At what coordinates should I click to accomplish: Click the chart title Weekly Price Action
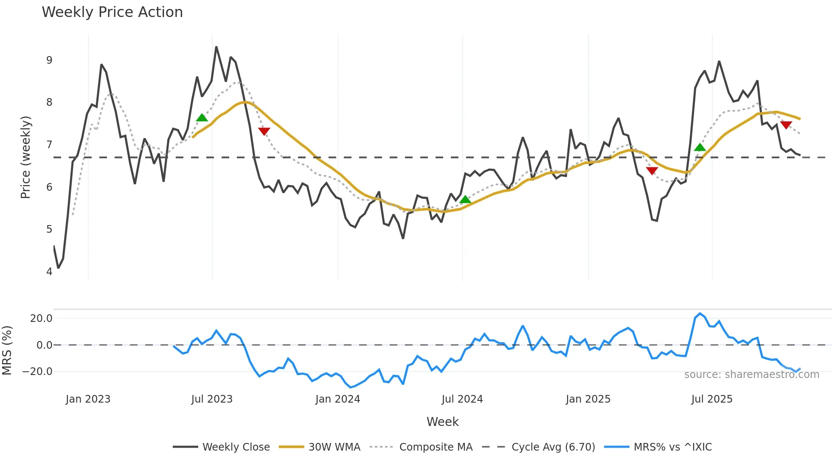click(112, 12)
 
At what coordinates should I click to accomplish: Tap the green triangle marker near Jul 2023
click(202, 118)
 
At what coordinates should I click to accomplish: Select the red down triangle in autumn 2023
click(264, 131)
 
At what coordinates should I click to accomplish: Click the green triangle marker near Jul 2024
click(465, 200)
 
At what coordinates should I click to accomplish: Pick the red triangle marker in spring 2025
click(652, 171)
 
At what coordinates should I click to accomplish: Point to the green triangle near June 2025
click(700, 147)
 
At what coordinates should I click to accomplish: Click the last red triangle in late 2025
click(786, 125)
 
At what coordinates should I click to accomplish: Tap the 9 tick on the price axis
click(49, 60)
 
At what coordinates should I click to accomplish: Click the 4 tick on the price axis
click(49, 272)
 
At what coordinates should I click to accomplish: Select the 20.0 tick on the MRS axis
click(41, 319)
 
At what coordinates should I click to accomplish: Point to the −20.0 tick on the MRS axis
click(37, 372)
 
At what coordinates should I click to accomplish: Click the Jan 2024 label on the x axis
click(337, 399)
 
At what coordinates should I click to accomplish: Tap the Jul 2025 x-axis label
click(712, 399)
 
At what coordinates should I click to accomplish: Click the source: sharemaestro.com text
click(751, 375)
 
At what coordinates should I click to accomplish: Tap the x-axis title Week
click(442, 422)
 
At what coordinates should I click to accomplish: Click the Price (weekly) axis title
click(25, 157)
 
